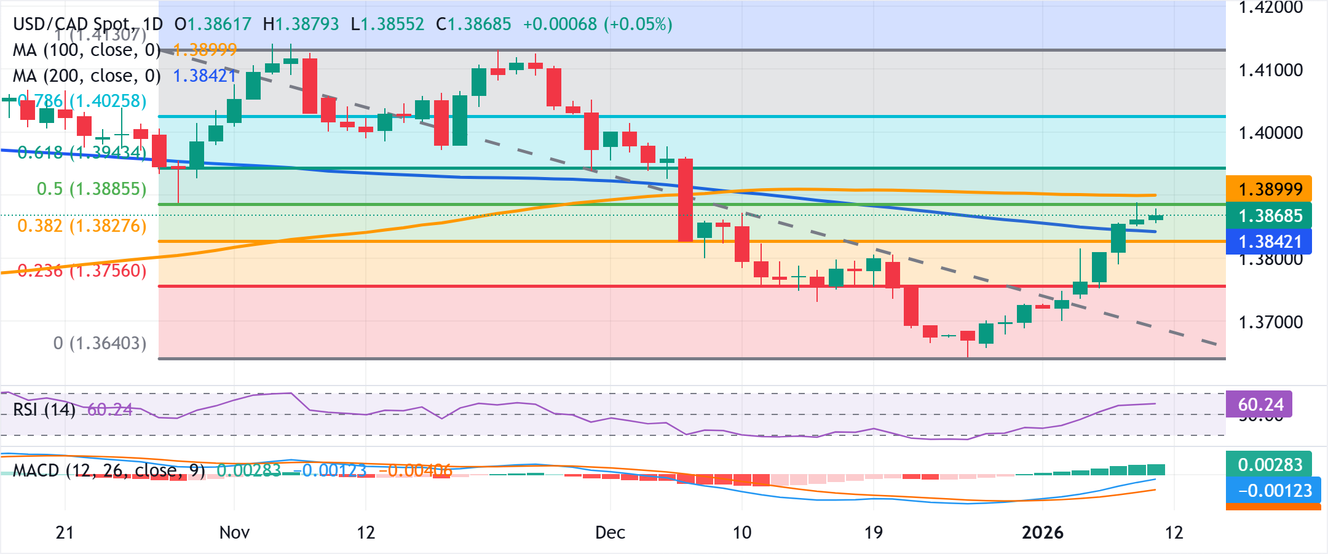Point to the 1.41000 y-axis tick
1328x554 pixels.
[1270, 70]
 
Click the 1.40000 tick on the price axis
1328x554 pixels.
[1270, 133]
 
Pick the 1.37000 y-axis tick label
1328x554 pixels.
[1270, 322]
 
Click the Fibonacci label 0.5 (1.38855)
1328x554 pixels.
[92, 189]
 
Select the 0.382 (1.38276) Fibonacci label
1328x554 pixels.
[82, 226]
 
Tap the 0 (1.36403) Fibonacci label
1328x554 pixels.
[100, 343]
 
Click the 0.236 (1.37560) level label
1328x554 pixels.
[82, 271]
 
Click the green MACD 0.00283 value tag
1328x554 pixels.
[1269, 464]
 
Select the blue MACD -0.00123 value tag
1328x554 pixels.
[1269, 491]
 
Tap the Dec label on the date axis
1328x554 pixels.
[610, 532]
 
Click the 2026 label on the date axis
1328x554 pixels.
[1043, 532]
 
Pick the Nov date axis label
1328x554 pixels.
[234, 532]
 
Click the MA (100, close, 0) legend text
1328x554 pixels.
[87, 50]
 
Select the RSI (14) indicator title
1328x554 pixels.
[44, 410]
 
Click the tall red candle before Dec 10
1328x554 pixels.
[686, 200]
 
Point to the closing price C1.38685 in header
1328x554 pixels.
[473, 24]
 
